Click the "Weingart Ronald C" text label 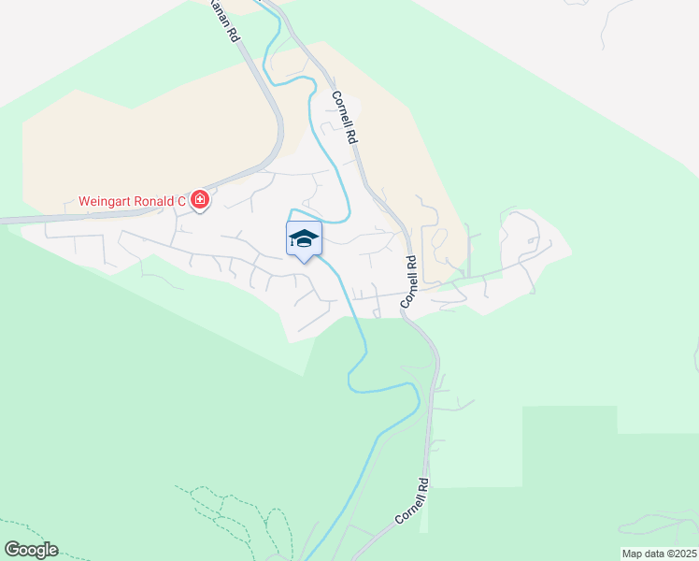click(x=132, y=201)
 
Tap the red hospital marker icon click(x=199, y=200)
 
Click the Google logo click(x=30, y=550)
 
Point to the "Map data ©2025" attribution click(x=660, y=554)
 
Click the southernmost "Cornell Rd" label click(x=411, y=501)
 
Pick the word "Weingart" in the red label click(x=106, y=201)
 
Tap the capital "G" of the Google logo click(x=11, y=550)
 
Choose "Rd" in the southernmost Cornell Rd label click(x=423, y=487)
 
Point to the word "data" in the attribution click(x=652, y=554)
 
